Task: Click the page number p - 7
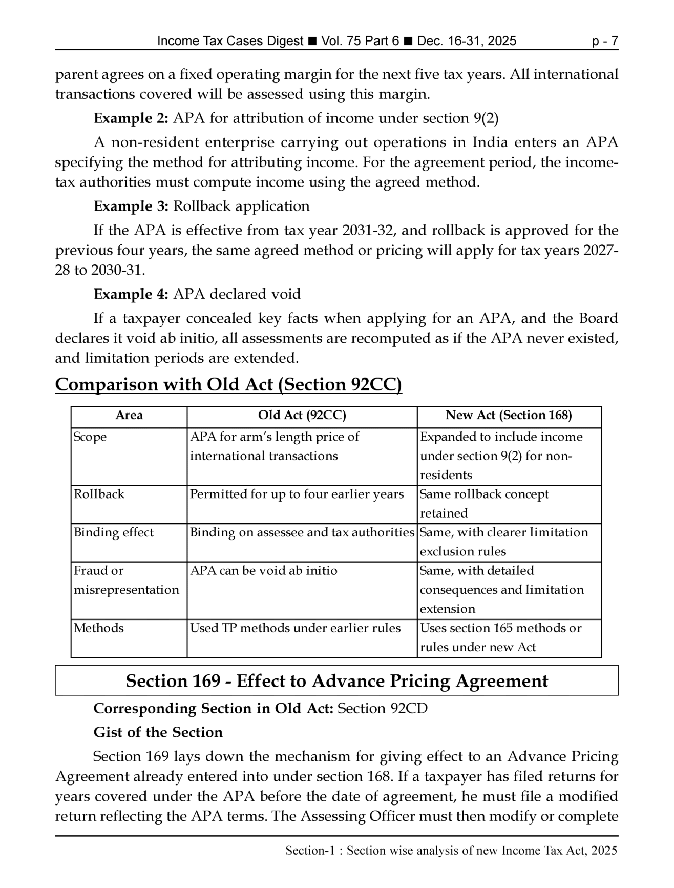(x=604, y=41)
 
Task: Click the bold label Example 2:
(x=131, y=118)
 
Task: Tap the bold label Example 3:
(x=131, y=206)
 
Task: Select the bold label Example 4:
(x=131, y=294)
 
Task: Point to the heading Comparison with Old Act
(x=228, y=385)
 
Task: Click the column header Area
(x=129, y=415)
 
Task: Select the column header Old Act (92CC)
(x=302, y=415)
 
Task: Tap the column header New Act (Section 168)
(x=509, y=415)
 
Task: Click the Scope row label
(x=90, y=437)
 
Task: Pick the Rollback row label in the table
(x=99, y=494)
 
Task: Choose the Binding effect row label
(x=114, y=533)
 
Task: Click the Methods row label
(x=99, y=628)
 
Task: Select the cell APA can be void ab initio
(x=264, y=571)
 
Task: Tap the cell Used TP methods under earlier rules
(x=295, y=628)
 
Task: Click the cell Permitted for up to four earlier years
(x=297, y=494)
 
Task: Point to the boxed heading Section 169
(x=336, y=681)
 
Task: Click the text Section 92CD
(x=383, y=709)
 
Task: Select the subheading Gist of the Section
(x=158, y=733)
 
